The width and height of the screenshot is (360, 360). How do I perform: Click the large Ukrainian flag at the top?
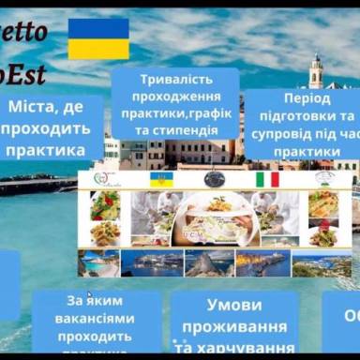[x=97, y=38]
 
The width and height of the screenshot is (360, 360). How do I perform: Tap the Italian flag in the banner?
[x=267, y=179]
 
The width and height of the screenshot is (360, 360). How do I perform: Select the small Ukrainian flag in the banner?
[x=160, y=179]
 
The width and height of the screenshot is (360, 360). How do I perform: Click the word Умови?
[x=232, y=306]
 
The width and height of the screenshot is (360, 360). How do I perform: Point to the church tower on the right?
[x=316, y=75]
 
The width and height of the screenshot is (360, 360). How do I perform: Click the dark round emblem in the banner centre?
[x=214, y=178]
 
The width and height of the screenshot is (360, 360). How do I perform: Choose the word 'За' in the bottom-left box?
[x=77, y=302]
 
